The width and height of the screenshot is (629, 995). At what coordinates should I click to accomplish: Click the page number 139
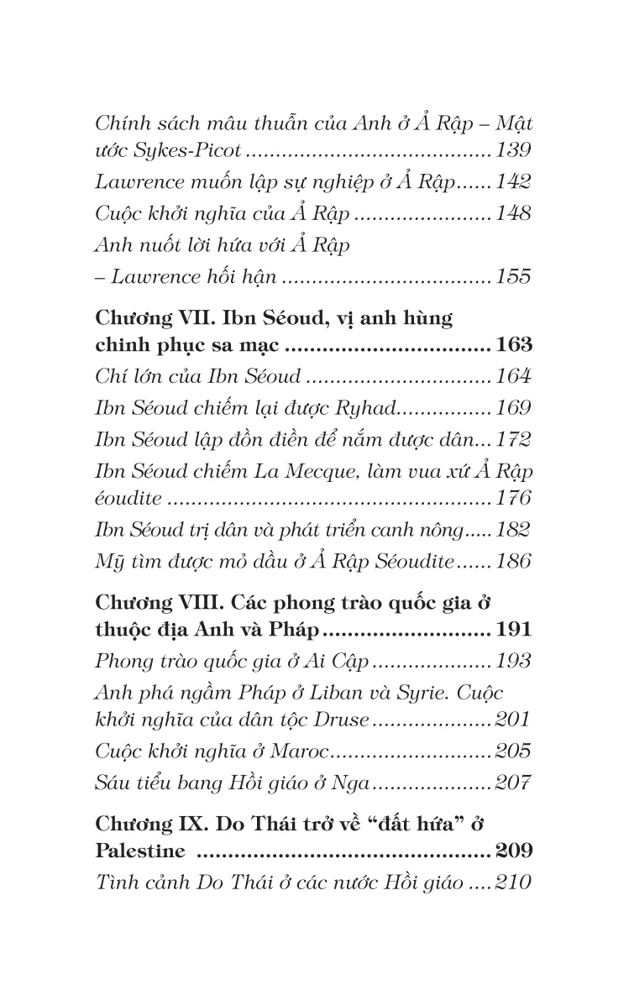pyautogui.click(x=513, y=153)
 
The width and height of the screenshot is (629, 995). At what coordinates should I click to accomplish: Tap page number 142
pyautogui.click(x=513, y=182)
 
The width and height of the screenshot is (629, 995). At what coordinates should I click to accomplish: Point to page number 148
pyautogui.click(x=513, y=213)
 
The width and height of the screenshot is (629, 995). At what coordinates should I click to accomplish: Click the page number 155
pyautogui.click(x=513, y=276)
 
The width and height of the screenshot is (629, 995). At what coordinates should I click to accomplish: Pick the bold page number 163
pyautogui.click(x=514, y=347)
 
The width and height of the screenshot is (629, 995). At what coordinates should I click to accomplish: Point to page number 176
pyautogui.click(x=513, y=499)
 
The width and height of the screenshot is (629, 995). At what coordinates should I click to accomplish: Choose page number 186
pyautogui.click(x=513, y=561)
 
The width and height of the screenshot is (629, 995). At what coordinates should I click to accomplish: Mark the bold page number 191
pyautogui.click(x=514, y=631)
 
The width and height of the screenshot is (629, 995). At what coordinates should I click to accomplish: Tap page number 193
pyautogui.click(x=513, y=661)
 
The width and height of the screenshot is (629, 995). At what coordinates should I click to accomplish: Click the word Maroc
pyautogui.click(x=301, y=751)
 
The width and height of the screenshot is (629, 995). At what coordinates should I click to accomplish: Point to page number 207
pyautogui.click(x=513, y=783)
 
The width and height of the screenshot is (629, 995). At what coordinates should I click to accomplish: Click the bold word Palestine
pyautogui.click(x=140, y=851)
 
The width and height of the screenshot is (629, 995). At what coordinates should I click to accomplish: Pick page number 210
pyautogui.click(x=513, y=882)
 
